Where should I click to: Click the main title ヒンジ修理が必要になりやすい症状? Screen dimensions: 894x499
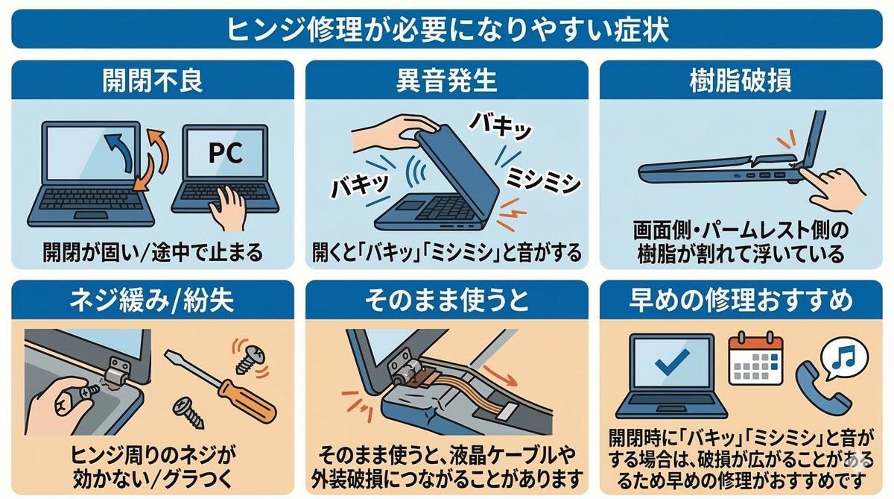448,30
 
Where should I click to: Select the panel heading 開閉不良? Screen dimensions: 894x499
153,81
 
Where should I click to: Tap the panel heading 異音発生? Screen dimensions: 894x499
446,81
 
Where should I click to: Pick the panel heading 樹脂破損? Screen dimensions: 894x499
741,81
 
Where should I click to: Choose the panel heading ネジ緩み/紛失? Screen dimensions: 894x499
152,301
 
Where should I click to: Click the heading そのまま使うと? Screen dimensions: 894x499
446,301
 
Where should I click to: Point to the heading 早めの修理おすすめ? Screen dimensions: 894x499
741,301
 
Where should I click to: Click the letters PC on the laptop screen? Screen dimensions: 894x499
226,153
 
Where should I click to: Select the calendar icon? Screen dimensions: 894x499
755,360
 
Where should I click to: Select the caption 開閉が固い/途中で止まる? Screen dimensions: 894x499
153,253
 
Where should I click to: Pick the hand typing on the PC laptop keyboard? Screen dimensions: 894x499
227,208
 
